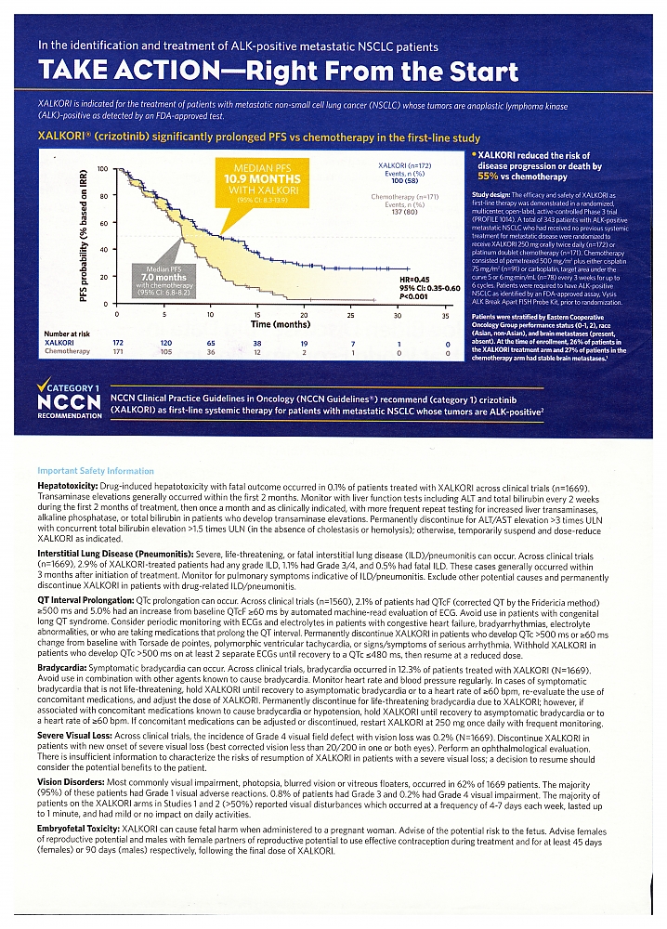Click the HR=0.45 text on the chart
click(412, 279)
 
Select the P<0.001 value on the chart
click(415, 297)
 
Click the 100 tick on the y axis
click(103, 169)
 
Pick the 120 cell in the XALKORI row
click(165, 343)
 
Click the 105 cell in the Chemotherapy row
click(165, 352)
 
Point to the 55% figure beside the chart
click(489, 176)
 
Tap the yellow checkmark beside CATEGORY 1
click(42, 386)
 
